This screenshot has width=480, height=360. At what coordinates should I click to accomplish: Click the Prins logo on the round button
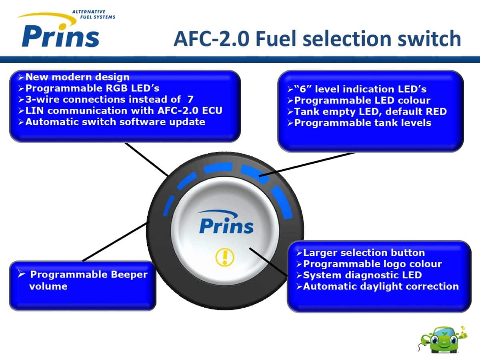tap(226, 224)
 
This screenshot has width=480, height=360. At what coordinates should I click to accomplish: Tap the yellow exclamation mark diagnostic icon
tap(224, 256)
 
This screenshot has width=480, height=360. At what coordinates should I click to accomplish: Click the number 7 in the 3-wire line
tap(190, 100)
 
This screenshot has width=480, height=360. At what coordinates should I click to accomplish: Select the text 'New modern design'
tap(77, 77)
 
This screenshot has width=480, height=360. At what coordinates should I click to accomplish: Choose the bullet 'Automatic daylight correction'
tap(380, 286)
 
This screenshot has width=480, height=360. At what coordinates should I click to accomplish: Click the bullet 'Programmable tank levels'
tap(362, 123)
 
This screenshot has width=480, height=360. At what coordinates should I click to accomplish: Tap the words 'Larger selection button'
tap(364, 253)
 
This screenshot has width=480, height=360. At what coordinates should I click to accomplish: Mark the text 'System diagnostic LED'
tap(362, 275)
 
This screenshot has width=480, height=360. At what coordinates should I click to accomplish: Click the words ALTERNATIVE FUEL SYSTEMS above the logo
tap(93, 14)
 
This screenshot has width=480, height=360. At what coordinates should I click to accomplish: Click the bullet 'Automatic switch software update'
tap(115, 122)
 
